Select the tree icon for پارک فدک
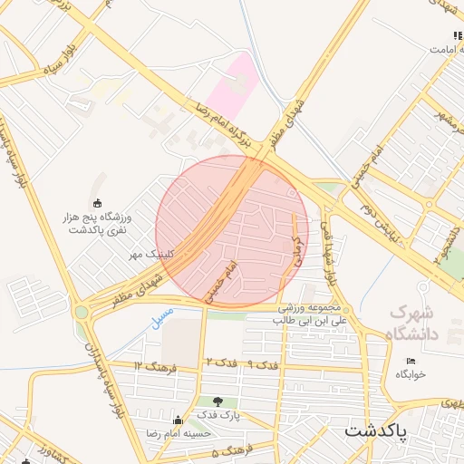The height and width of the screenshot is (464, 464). (217, 401)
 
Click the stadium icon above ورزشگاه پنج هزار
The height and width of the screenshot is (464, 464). (98, 203)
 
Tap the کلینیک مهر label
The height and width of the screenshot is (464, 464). (150, 256)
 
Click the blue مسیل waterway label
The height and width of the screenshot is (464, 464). (159, 314)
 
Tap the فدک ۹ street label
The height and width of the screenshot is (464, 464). (262, 363)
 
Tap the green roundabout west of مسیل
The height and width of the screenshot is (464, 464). (82, 312)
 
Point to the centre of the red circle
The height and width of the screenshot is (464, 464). (232, 232)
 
